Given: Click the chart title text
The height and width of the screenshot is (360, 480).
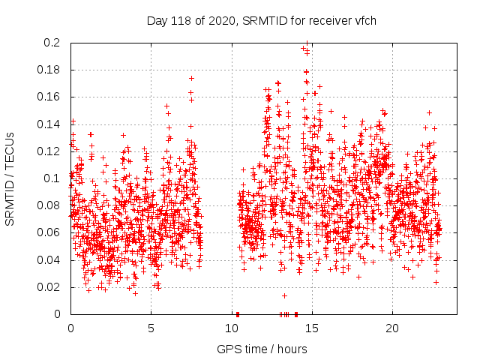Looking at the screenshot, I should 261,20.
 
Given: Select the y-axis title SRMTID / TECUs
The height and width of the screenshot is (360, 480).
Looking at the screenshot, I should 10,178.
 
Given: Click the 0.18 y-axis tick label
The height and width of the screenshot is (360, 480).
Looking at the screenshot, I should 50,70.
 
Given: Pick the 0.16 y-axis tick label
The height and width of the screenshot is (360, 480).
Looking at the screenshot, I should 50,97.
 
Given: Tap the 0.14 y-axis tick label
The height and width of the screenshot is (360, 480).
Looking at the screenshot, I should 50,124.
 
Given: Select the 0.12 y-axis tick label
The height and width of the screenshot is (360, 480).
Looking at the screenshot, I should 50,151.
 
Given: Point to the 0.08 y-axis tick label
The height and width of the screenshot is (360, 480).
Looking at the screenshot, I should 50,205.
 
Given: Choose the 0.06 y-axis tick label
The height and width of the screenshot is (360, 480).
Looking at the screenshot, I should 50,232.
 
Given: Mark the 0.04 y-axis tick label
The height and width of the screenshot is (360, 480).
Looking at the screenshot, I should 50,259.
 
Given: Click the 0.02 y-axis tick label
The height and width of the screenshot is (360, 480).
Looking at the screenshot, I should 50,286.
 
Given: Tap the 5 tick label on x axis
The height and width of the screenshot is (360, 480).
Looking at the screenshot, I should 151,328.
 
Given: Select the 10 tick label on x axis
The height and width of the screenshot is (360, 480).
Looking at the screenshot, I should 231,328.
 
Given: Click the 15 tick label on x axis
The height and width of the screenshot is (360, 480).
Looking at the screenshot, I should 311,328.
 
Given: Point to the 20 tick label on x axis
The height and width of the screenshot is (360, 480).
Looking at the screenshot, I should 391,328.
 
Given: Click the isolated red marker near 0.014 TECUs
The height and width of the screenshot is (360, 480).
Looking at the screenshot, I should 284,295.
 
